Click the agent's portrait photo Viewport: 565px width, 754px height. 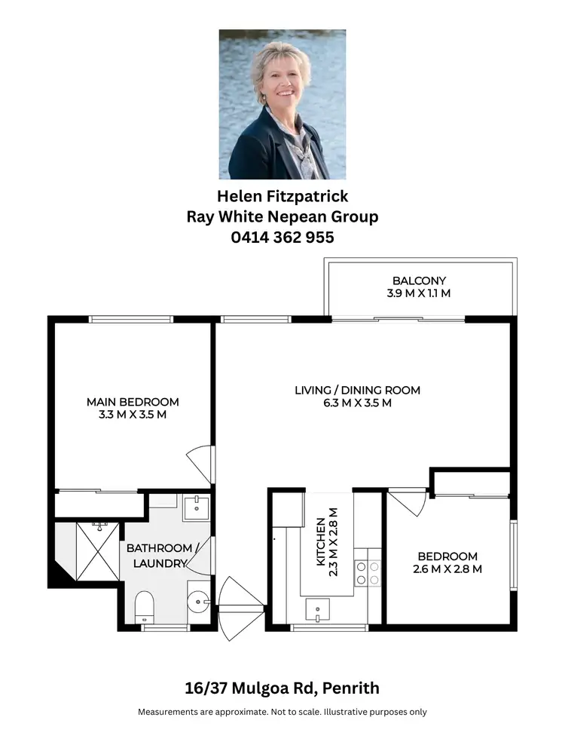(282, 104)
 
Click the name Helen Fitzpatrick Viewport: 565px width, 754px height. (282, 196)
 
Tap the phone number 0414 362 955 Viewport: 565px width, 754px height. (282, 237)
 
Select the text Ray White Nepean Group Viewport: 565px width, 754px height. (282, 216)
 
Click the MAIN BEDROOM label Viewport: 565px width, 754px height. (133, 401)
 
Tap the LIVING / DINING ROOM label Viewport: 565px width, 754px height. (357, 390)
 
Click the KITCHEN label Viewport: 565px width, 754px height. (322, 536)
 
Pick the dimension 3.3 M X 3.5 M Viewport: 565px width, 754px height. (133, 414)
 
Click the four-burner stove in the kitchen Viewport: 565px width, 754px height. (368, 572)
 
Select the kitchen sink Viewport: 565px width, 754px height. (317, 608)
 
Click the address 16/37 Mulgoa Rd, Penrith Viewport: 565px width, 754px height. (282, 688)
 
